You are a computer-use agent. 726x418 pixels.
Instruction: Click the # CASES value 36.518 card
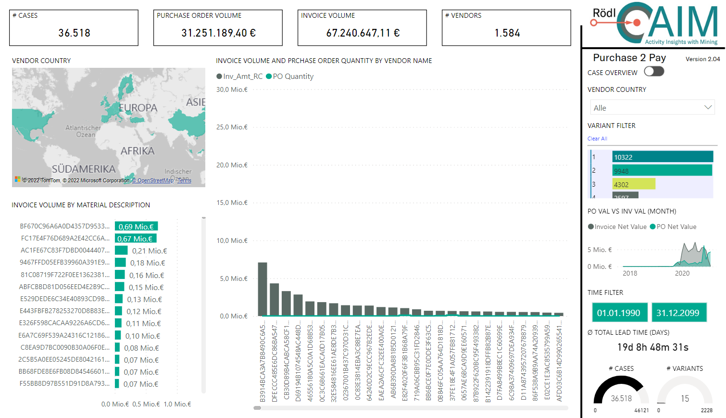pos(74,33)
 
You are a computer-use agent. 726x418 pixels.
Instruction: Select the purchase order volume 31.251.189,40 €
pos(218,33)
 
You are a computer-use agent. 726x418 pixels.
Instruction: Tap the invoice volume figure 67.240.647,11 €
pos(363,33)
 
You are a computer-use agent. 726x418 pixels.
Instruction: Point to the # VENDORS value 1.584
pos(507,33)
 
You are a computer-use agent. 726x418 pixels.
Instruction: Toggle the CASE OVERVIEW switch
pos(654,72)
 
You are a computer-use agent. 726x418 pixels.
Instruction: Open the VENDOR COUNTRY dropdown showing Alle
pos(652,107)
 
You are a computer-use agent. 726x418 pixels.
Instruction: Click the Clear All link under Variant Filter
pos(597,139)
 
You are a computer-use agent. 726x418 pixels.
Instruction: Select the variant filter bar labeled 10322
pos(662,157)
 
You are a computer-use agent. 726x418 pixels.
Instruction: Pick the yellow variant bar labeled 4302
pos(633,184)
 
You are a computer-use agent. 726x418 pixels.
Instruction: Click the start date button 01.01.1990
pos(619,313)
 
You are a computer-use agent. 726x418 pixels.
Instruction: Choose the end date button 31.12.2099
pos(678,313)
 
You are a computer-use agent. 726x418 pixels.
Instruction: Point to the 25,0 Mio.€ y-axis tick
pos(232,127)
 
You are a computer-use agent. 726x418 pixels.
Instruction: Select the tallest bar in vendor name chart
pos(263,289)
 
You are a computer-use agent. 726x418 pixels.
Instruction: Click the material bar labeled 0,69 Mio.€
pos(136,227)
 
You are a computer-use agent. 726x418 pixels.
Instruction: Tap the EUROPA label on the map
pos(138,108)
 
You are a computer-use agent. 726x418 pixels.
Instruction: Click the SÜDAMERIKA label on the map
pos(84,169)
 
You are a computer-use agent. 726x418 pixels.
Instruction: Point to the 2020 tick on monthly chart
pos(682,273)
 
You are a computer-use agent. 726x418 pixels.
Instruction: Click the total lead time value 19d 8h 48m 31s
pos(652,347)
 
